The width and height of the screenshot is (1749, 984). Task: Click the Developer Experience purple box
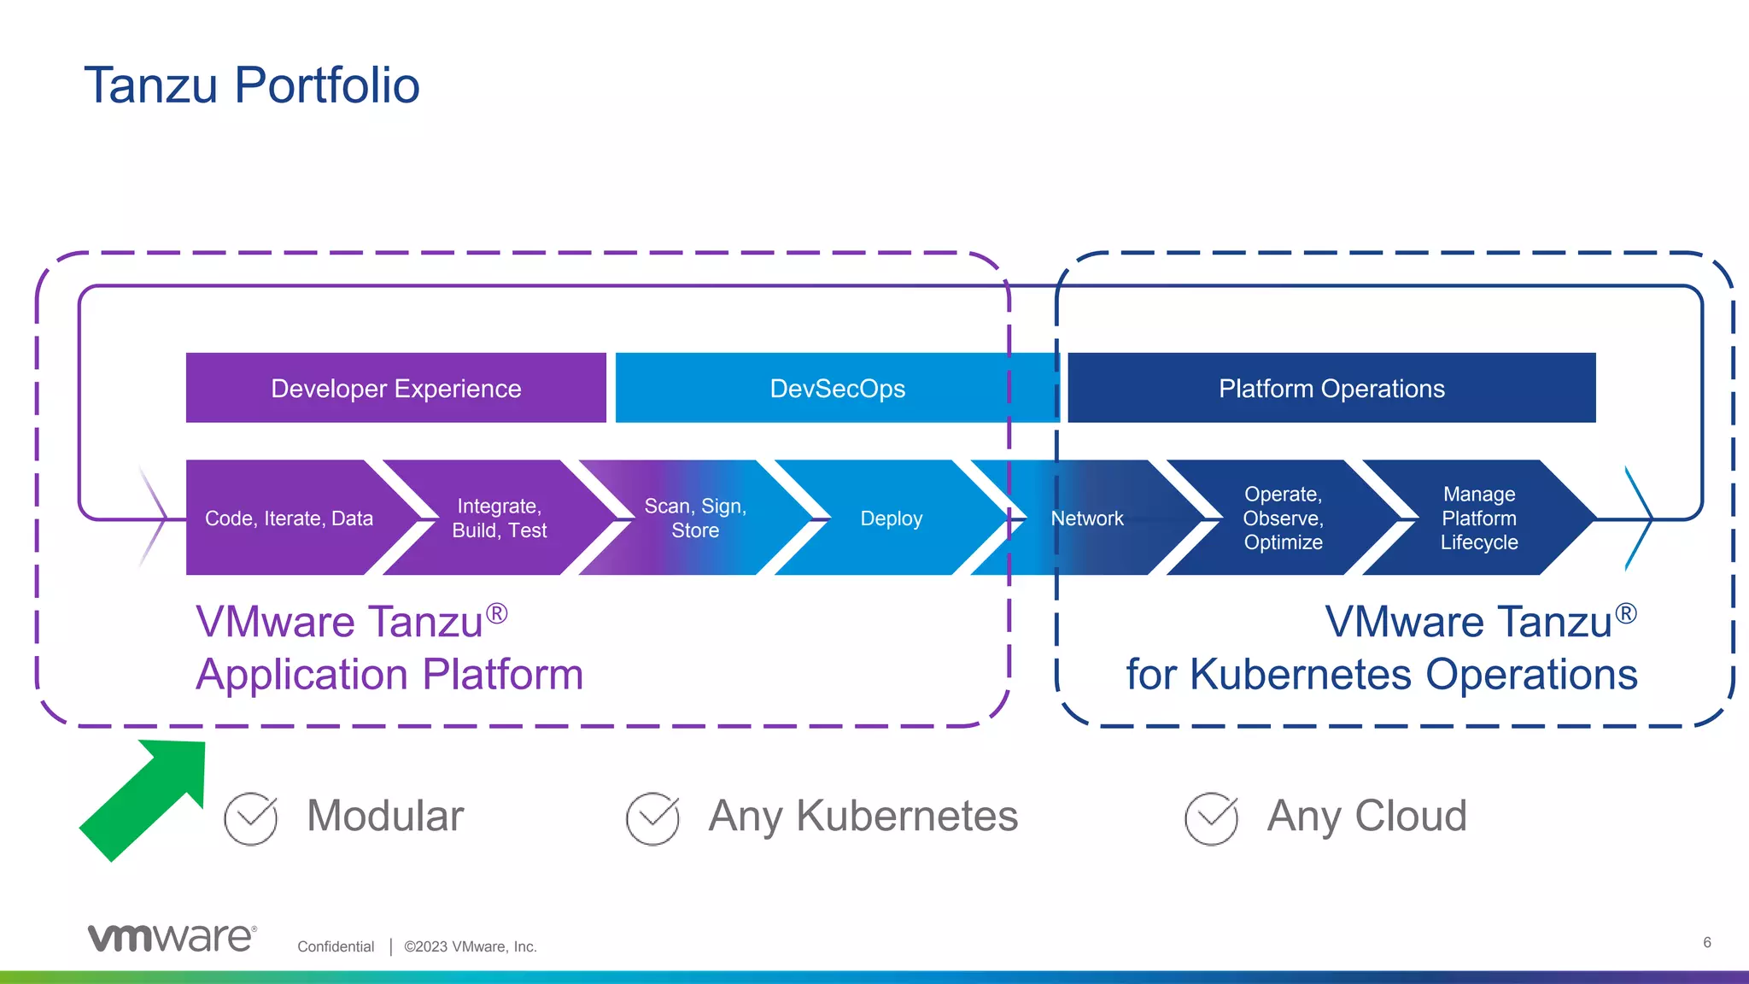pos(395,389)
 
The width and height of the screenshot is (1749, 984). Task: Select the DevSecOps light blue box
pos(837,389)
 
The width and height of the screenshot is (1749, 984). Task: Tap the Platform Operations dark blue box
pos(1331,389)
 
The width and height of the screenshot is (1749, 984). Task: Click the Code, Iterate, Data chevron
pos(289,518)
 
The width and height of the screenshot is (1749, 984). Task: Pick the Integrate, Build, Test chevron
pos(500,518)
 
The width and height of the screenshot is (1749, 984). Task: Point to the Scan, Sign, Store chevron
pos(695,518)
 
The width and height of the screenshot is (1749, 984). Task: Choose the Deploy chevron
pos(891,518)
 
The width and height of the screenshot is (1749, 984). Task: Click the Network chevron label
pos(1087,518)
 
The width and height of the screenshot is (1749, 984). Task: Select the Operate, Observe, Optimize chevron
pos(1283,518)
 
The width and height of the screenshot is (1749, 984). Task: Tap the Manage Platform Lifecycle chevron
pos(1479,518)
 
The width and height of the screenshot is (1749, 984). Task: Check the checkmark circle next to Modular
pos(251,818)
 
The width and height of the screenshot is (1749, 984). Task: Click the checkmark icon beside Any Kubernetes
pos(652,818)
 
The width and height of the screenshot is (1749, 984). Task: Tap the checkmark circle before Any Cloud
pos(1211,818)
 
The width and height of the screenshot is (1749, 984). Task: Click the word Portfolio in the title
pos(326,85)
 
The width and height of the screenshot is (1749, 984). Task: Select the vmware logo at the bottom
pos(172,937)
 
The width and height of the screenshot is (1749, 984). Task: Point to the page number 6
pos(1706,942)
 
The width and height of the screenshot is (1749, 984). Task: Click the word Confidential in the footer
pos(336,946)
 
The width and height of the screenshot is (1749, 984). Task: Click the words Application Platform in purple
pos(389,675)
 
